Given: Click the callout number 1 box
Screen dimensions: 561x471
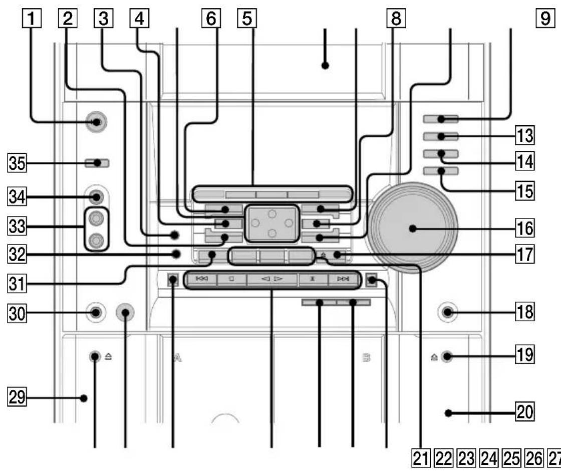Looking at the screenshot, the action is pyautogui.click(x=32, y=18).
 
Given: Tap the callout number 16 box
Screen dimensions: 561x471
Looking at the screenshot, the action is pyautogui.click(x=525, y=228).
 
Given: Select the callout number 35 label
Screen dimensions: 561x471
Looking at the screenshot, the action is pyautogui.click(x=17, y=163).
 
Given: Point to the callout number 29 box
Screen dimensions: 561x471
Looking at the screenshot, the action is pyautogui.click(x=17, y=397).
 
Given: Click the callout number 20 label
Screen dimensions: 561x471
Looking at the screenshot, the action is pyautogui.click(x=525, y=411).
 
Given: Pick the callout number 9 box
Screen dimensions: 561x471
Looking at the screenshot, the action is pyautogui.click(x=545, y=18).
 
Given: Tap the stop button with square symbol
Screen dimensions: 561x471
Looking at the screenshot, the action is pyautogui.click(x=232, y=279).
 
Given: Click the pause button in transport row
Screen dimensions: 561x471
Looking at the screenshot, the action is pyautogui.click(x=313, y=279).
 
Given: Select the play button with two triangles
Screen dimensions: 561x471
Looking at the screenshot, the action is pyautogui.click(x=272, y=279).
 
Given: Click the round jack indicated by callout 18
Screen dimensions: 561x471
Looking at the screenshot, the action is pyautogui.click(x=447, y=312).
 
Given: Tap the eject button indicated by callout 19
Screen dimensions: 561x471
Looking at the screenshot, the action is pyautogui.click(x=446, y=356).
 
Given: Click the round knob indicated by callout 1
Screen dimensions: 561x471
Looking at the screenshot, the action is pyautogui.click(x=96, y=122).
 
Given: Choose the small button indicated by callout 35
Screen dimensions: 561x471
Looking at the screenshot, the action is pyautogui.click(x=97, y=163).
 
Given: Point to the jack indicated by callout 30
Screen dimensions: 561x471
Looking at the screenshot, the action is pyautogui.click(x=95, y=313).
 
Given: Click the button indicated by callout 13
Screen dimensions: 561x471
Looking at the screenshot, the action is pyautogui.click(x=440, y=136).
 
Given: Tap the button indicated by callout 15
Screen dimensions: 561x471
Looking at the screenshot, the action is pyautogui.click(x=440, y=171).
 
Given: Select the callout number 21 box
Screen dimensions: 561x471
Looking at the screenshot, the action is pyautogui.click(x=421, y=458).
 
